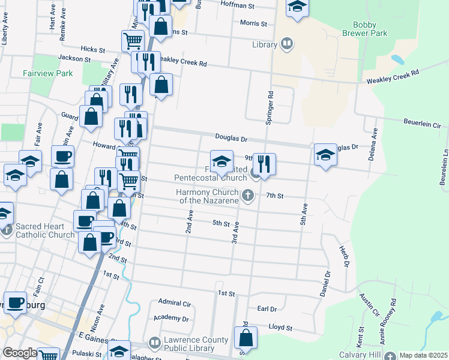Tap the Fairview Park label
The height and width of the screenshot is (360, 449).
coord(47,73)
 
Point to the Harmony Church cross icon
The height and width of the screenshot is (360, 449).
coord(247,195)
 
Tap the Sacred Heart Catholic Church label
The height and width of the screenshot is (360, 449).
coord(46,230)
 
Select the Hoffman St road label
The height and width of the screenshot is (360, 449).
coord(238,5)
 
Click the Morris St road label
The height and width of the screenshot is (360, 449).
coord(253,23)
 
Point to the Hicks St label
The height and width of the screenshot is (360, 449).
coord(92,50)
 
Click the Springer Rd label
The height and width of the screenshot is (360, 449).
coord(270,108)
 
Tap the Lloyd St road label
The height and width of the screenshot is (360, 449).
coord(280,328)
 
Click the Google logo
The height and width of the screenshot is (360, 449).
coord(20,353)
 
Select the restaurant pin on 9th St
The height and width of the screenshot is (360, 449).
coord(264,164)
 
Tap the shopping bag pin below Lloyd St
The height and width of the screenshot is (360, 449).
coord(246,338)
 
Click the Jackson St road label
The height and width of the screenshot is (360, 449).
coord(74,59)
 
